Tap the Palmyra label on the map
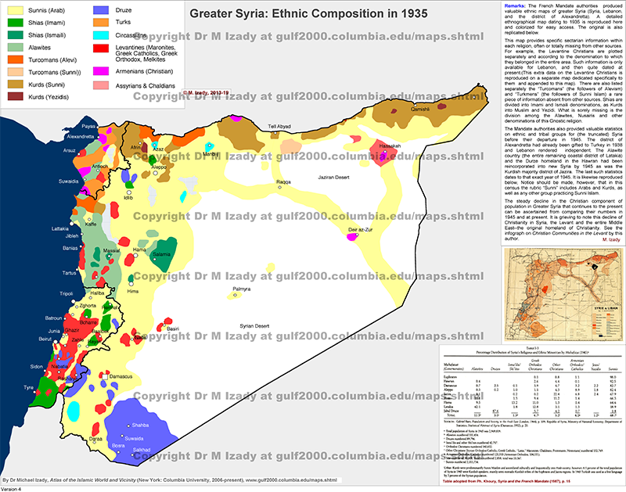(239, 289)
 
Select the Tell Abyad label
(281, 105)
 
